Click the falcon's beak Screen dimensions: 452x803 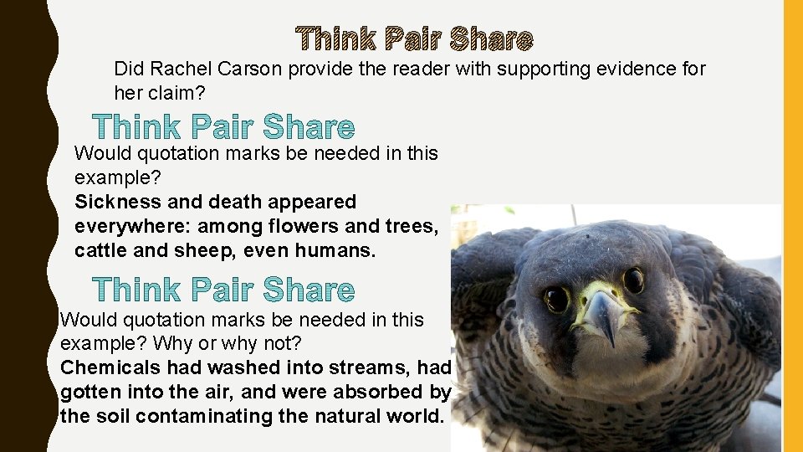[604, 316]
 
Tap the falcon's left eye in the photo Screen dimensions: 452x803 [557, 298]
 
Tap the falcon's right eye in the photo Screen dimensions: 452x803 [633, 280]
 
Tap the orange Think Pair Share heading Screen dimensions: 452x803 [415, 39]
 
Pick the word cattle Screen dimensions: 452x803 [100, 250]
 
